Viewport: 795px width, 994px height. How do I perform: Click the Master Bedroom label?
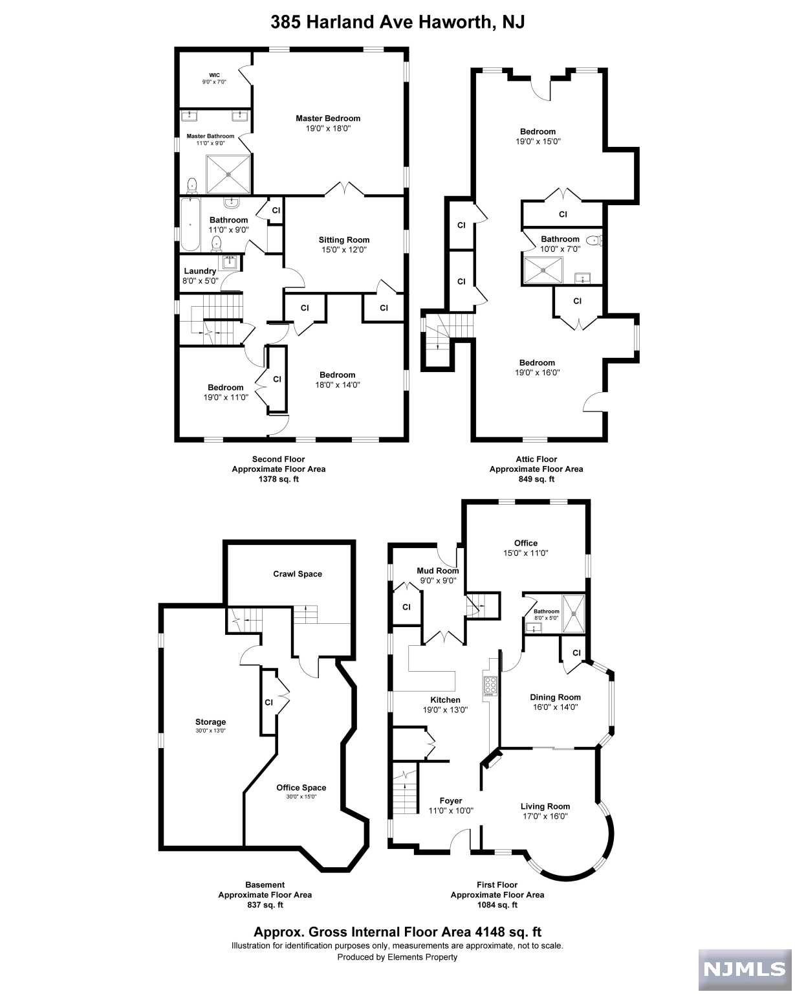328,118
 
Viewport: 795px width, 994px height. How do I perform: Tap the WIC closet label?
214,75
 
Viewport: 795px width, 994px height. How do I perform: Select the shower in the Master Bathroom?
228,174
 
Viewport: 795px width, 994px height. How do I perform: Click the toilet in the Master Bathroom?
191,186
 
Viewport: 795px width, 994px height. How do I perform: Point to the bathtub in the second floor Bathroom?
190,225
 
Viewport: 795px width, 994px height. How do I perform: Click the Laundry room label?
200,271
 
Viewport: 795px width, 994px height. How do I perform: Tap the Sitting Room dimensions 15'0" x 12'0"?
344,250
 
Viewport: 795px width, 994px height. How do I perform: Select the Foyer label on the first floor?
451,801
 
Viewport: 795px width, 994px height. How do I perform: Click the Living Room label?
545,806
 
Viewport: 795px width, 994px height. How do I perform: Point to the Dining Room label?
556,697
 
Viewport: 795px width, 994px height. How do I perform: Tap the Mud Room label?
438,570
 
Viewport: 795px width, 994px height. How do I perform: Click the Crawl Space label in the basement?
298,573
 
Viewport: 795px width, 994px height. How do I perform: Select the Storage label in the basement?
210,722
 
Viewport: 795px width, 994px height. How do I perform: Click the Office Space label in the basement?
301,788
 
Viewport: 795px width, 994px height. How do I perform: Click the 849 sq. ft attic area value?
536,479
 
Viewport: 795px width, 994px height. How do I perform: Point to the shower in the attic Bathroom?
543,271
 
